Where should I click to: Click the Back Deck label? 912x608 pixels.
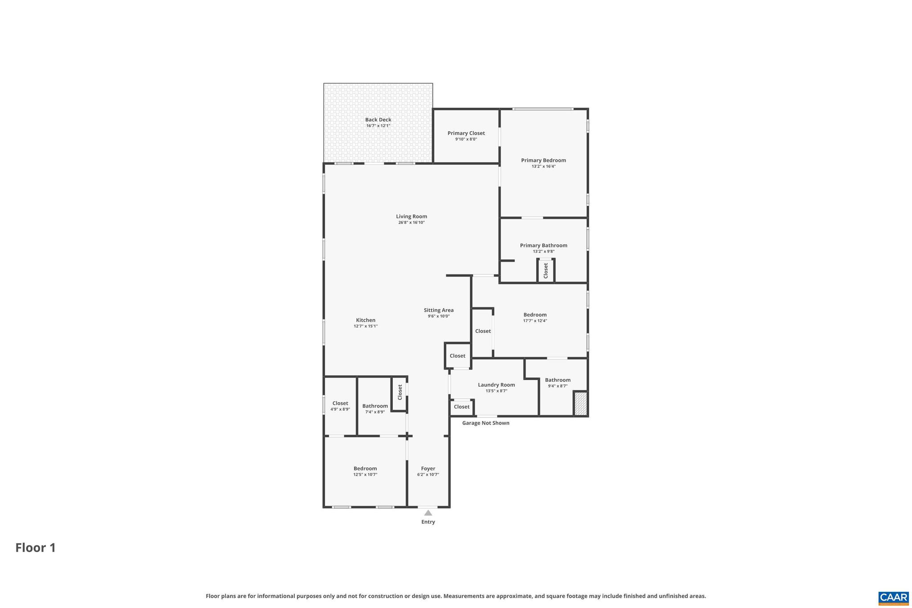point(378,119)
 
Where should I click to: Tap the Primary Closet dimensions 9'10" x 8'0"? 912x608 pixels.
point(466,139)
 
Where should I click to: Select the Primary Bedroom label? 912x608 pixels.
point(543,160)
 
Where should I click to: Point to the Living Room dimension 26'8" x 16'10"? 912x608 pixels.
point(411,222)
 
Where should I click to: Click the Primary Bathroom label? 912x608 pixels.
point(543,245)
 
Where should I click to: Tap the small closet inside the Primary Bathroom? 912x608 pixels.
point(546,271)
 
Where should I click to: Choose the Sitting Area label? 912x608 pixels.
point(439,310)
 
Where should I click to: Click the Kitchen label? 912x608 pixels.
point(366,320)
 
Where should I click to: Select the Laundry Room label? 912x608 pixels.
point(496,385)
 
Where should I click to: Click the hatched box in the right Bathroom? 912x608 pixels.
point(580,404)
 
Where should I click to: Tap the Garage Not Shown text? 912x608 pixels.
point(485,423)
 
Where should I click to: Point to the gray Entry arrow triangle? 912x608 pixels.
point(428,513)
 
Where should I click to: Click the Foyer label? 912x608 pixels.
point(428,469)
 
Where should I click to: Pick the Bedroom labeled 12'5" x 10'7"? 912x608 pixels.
point(365,469)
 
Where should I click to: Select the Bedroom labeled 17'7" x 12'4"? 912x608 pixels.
point(535,315)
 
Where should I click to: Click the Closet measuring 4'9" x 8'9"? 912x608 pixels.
point(340,404)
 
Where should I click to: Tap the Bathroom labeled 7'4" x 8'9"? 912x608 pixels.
point(375,406)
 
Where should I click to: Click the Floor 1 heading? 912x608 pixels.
point(36,547)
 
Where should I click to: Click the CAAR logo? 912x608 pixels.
point(893,598)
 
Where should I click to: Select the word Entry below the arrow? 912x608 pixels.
point(428,522)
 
